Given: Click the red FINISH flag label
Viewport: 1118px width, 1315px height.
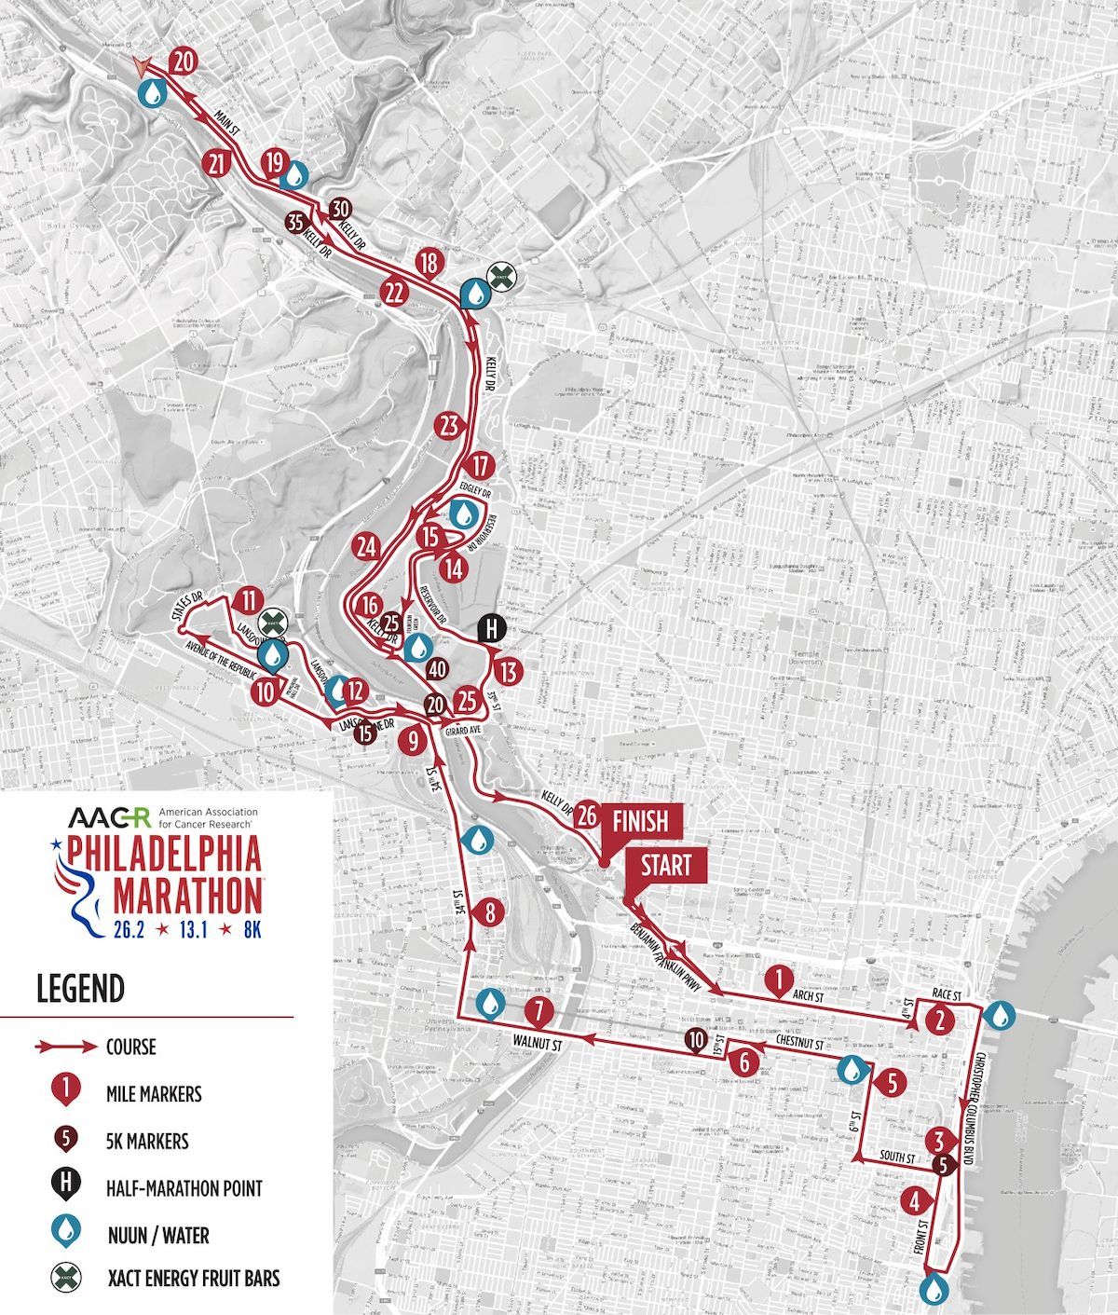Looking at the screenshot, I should tap(640, 821).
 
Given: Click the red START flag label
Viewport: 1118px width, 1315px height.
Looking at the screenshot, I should tap(667, 866).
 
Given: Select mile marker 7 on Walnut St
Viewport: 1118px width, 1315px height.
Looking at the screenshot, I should tap(539, 1010).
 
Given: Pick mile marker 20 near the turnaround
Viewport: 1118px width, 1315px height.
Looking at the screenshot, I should tap(184, 62).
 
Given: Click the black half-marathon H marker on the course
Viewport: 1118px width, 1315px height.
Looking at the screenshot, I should tap(491, 629).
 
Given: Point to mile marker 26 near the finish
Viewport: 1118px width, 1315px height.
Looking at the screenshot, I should tap(586, 814).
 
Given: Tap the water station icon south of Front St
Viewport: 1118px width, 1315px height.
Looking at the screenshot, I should tap(932, 1289).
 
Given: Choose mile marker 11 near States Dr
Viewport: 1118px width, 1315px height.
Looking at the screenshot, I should tap(247, 599).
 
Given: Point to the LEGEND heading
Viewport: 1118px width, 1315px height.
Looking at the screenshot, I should tap(80, 988).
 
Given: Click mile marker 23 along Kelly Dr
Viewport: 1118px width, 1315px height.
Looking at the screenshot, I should tap(450, 426).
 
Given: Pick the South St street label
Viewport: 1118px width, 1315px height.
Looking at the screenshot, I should tap(898, 1157).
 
